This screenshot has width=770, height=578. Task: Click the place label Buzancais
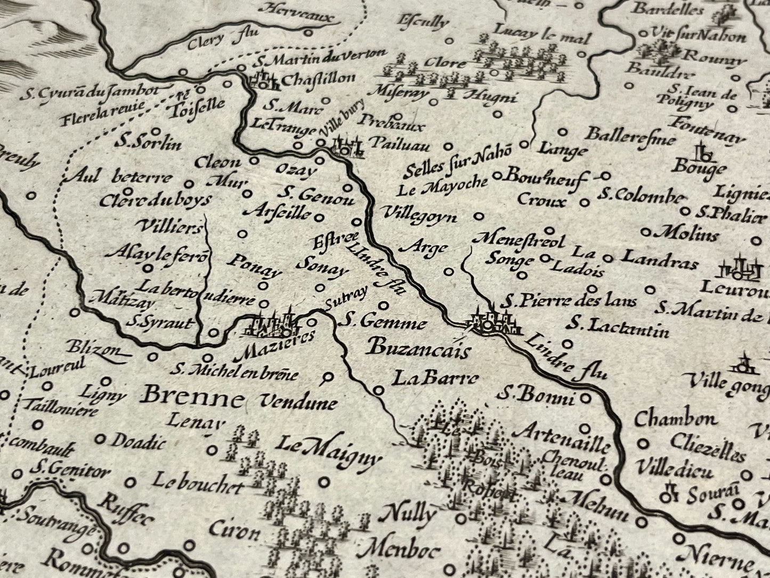click(420, 350)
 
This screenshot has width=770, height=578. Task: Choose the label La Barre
click(434, 379)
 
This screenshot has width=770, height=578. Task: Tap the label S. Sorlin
click(148, 143)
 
